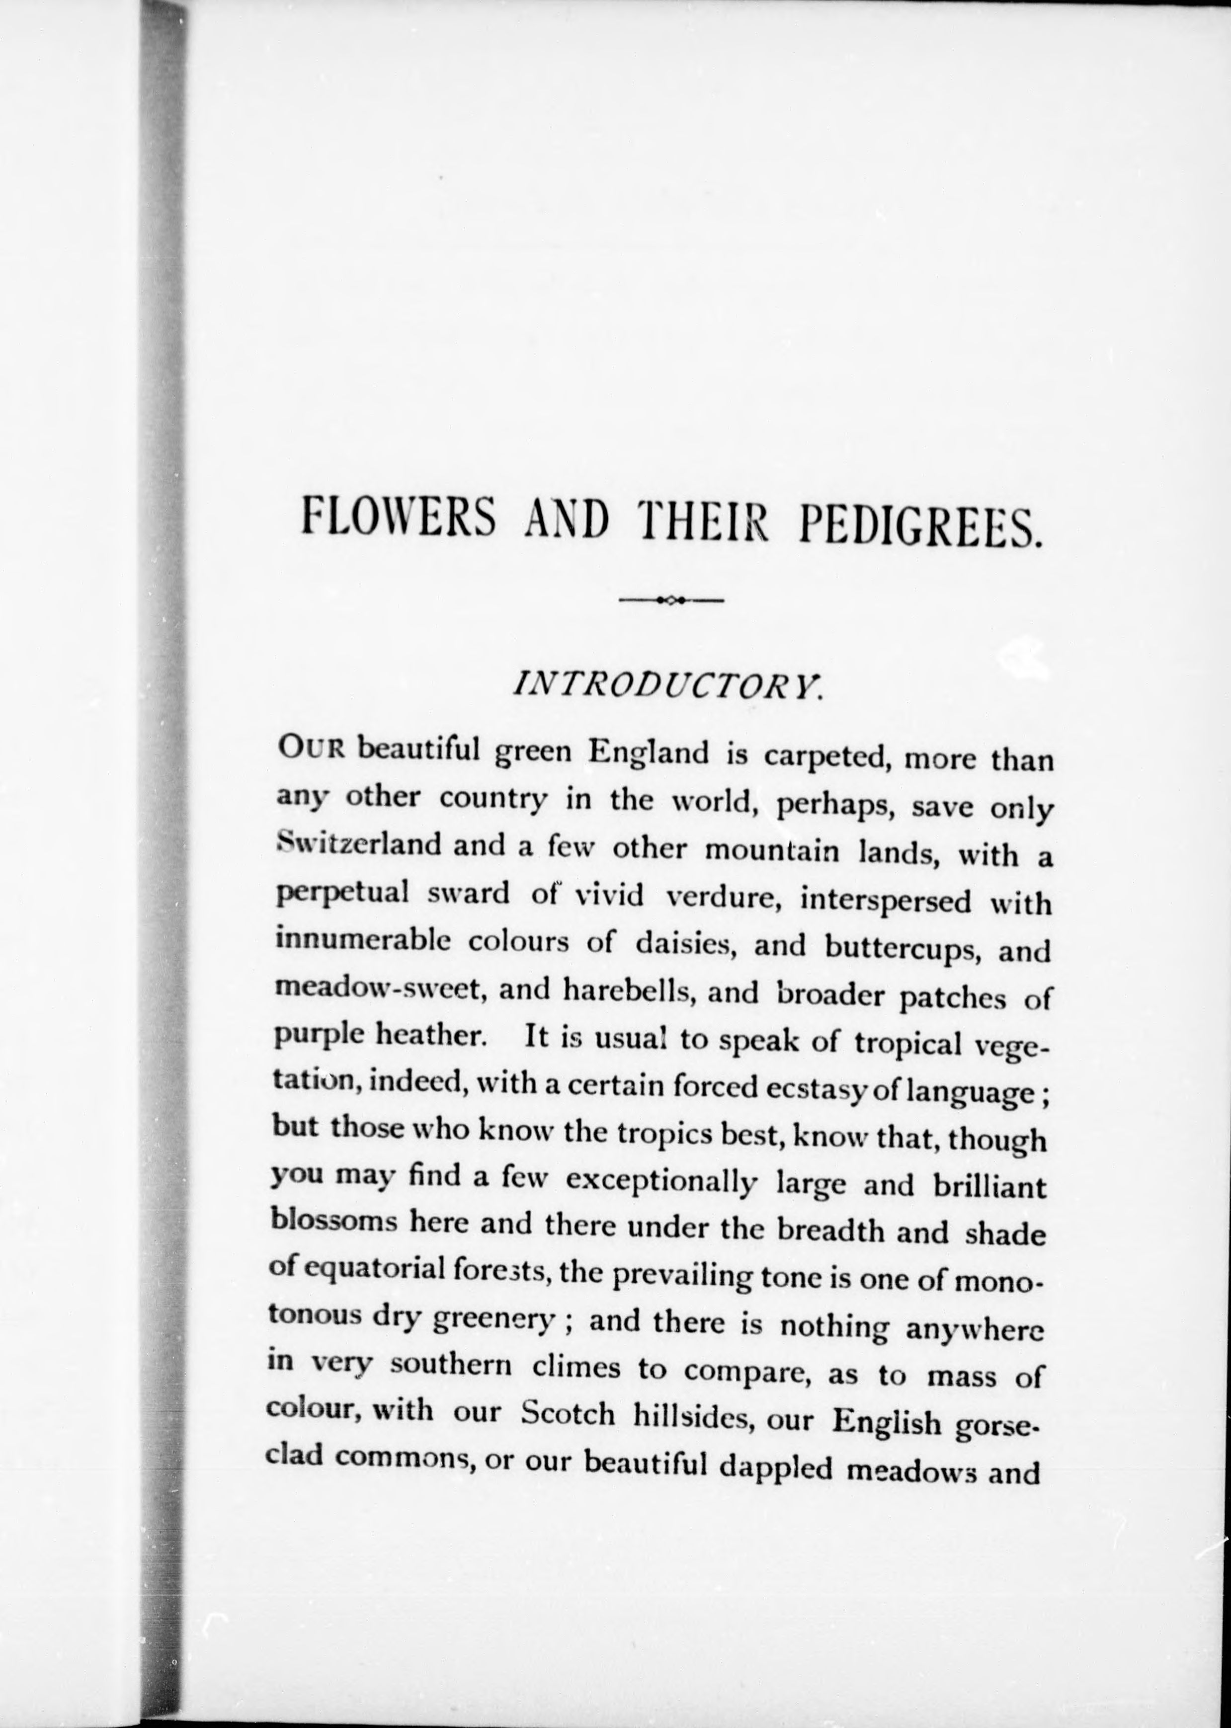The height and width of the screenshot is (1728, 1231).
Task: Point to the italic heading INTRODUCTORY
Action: [667, 686]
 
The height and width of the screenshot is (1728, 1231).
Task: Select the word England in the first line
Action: [650, 752]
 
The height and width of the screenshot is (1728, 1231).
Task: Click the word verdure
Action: [718, 898]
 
